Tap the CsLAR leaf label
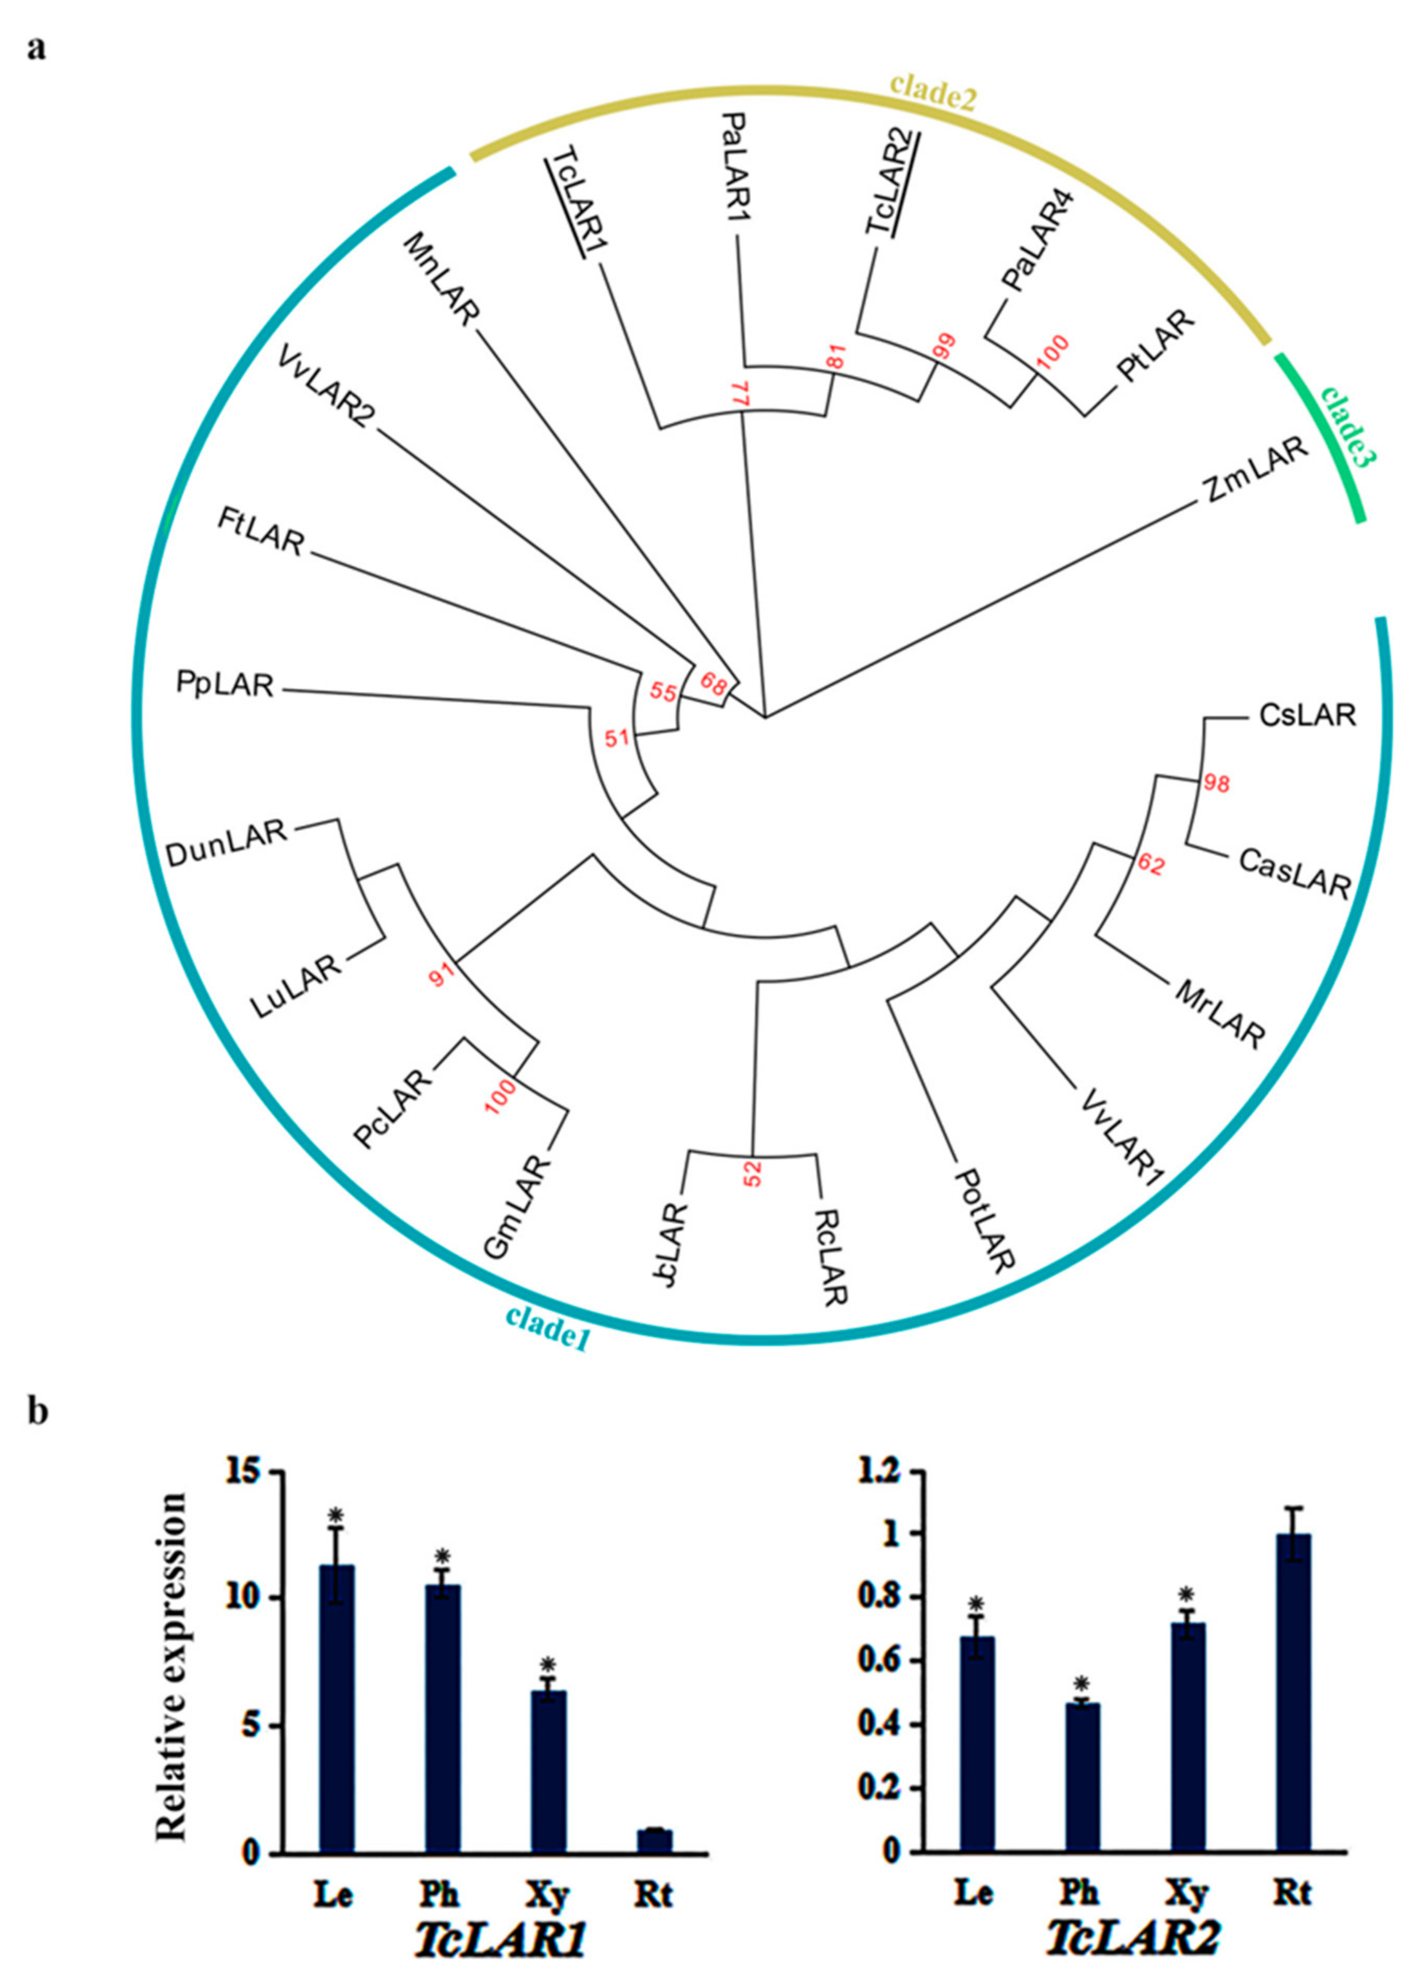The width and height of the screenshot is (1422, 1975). click(1307, 716)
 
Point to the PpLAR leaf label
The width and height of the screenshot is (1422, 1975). click(225, 685)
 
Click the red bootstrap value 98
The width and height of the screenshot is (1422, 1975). click(1217, 784)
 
